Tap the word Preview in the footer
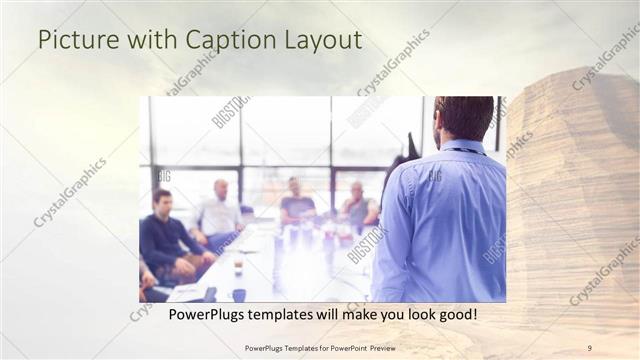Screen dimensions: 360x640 (378, 348)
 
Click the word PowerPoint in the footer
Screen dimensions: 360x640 (339, 348)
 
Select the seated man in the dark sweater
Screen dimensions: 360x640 (165, 236)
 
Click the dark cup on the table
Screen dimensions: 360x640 (238, 294)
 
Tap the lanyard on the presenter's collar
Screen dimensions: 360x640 (464, 148)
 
